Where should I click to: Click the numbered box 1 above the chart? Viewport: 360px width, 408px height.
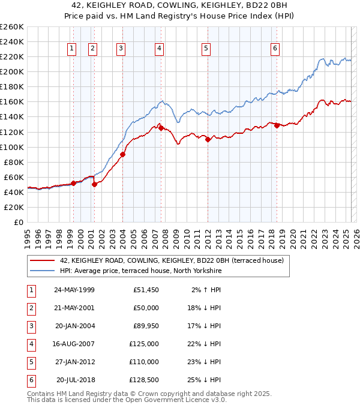[72, 49]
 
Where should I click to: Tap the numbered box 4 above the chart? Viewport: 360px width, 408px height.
[159, 49]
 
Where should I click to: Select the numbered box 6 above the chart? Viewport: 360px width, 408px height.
[275, 49]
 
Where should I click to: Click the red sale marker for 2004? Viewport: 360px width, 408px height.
[122, 154]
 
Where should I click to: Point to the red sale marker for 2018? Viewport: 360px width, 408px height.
[277, 125]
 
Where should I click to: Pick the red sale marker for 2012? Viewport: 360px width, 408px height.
[208, 139]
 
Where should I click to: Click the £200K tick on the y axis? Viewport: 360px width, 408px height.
[12, 71]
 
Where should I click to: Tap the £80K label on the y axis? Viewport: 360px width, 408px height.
[14, 162]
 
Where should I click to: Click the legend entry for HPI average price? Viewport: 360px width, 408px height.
[140, 271]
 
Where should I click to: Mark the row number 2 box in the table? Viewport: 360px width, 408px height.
[30, 308]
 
